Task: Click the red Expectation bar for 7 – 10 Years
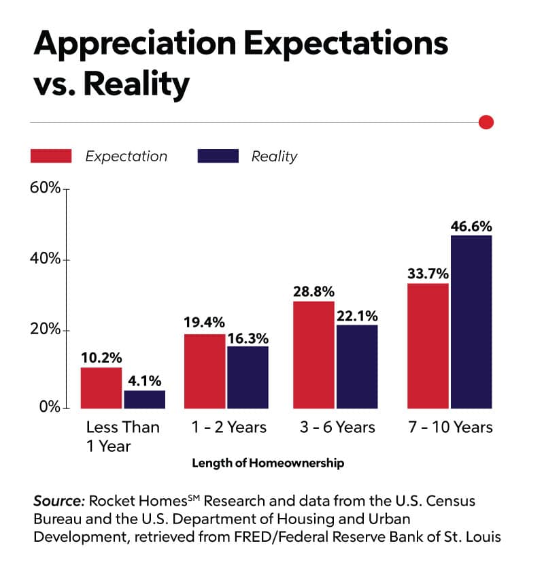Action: click(428, 346)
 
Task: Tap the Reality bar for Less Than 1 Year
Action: click(144, 400)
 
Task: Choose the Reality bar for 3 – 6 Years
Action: click(356, 367)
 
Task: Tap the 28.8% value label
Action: click(313, 291)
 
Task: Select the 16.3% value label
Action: click(248, 337)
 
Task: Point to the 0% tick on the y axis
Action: click(50, 408)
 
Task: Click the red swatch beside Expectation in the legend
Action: click(51, 156)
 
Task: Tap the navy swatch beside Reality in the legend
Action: click(218, 156)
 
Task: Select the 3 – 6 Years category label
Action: click(337, 427)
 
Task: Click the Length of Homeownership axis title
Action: click(268, 464)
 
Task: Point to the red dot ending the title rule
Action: click(486, 123)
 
